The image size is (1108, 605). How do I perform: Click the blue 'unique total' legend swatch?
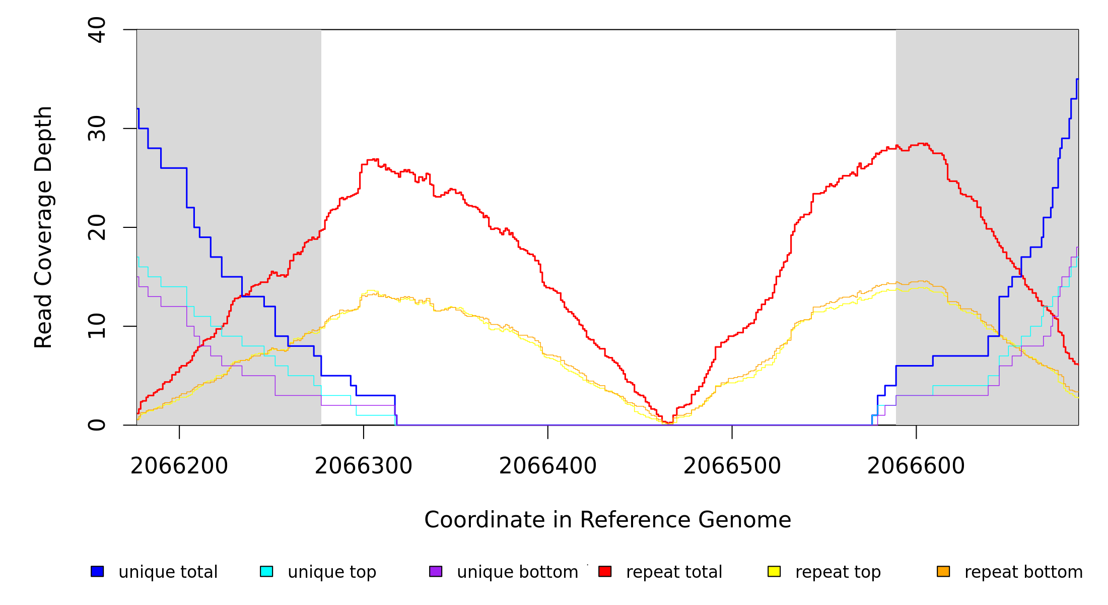(97, 571)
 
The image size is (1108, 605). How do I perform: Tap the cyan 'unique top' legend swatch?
(266, 571)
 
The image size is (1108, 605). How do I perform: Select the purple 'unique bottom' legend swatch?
(436, 571)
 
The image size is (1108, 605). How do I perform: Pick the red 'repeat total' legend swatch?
(605, 571)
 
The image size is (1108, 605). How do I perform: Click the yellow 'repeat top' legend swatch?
(774, 571)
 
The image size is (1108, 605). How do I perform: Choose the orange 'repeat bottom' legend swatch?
(943, 571)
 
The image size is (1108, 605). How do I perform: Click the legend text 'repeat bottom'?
(1023, 572)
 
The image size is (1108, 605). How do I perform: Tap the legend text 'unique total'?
(168, 572)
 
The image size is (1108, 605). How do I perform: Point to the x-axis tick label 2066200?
(179, 466)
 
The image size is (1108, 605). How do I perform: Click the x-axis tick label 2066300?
(364, 466)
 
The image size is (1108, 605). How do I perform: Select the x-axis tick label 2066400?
(548, 466)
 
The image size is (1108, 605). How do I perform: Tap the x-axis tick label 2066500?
(732, 466)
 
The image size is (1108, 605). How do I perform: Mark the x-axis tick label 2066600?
(916, 466)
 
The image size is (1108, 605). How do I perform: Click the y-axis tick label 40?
(97, 30)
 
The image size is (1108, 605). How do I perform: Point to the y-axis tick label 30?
(97, 129)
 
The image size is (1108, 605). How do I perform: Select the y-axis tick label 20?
(97, 227)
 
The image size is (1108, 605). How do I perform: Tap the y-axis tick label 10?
(97, 326)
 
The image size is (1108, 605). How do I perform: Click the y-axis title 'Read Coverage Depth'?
(43, 227)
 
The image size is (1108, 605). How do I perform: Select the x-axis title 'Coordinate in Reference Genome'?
(607, 520)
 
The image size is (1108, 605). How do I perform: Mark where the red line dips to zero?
(669, 423)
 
